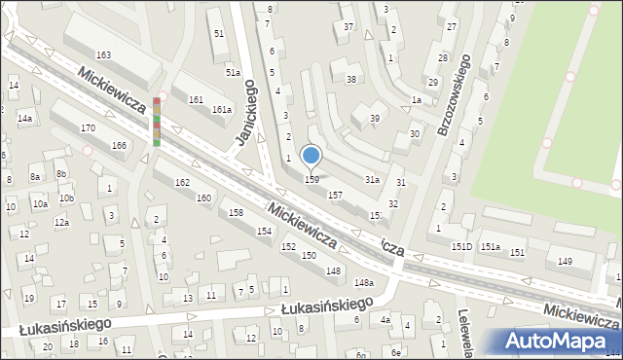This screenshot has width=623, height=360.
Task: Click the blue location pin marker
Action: [311, 156]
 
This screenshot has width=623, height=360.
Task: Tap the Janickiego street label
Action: [244, 113]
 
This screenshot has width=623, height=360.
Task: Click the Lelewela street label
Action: [465, 330]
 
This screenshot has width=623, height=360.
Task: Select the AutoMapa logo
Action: [561, 341]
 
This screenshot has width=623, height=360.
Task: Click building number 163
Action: [103, 54]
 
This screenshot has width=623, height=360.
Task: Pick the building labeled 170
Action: [88, 127]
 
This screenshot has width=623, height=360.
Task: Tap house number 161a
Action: [222, 109]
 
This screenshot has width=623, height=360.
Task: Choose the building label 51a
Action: [233, 72]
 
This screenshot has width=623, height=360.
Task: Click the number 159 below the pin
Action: [311, 179]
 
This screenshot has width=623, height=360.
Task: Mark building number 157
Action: [335, 195]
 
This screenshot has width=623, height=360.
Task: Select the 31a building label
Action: [372, 180]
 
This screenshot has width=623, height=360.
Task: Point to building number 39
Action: [374, 118]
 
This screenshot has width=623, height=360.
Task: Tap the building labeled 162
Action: [182, 183]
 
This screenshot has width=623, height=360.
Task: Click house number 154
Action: [264, 231]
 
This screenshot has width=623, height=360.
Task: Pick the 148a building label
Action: [363, 282]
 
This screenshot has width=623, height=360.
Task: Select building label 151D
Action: [461, 246]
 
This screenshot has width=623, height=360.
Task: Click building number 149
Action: [564, 261]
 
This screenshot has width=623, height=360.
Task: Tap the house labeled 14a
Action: [24, 119]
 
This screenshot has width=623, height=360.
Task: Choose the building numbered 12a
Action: [61, 223]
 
